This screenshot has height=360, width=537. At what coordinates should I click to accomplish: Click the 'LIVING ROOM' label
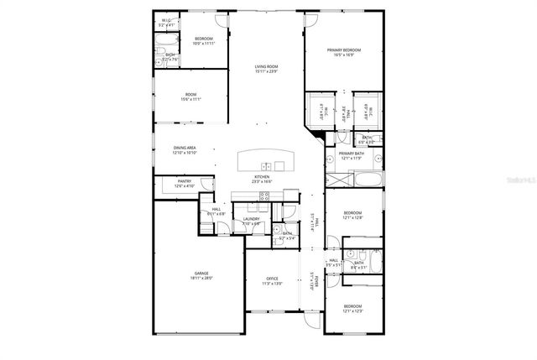coord(267,66)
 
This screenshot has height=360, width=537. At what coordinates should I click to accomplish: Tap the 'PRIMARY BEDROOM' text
coord(345,50)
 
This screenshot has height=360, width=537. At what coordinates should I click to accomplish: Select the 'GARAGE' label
coord(201,273)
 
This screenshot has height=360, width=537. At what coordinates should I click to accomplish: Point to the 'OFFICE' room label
coord(272,278)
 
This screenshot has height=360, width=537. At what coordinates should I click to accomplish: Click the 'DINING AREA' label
coord(185,148)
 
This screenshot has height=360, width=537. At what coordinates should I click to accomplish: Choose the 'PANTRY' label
coord(185,181)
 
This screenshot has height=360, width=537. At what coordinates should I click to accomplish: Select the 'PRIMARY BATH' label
coord(351,154)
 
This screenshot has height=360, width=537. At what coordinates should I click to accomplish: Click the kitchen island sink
coord(266,164)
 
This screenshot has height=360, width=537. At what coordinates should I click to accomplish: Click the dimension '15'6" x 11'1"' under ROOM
coord(191,99)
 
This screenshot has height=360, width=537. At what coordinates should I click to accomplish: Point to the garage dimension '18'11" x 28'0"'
coord(201,278)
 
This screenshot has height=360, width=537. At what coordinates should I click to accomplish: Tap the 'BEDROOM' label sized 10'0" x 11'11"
coord(203,39)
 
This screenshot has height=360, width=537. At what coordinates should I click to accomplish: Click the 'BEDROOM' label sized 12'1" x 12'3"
coord(352,306)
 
